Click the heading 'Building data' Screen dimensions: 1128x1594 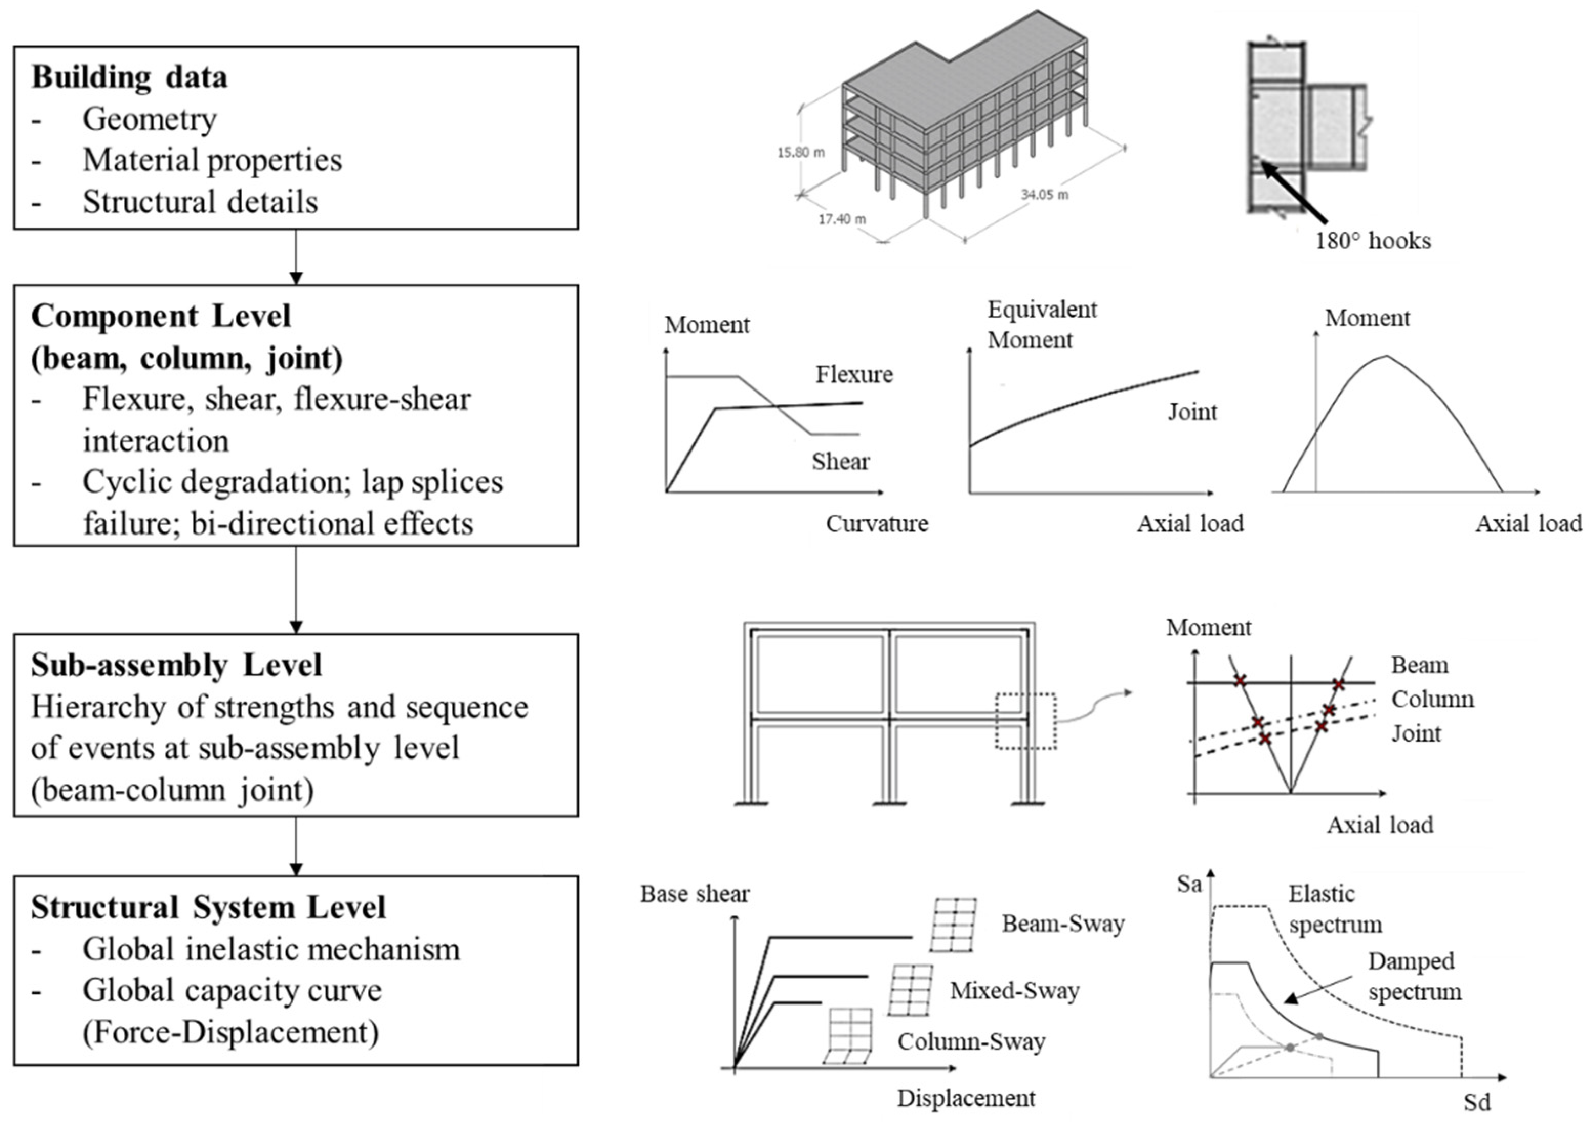[129, 77]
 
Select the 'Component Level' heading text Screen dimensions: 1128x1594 [161, 317]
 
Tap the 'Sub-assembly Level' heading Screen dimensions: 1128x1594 [176, 665]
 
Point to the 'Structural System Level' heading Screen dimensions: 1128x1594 [208, 908]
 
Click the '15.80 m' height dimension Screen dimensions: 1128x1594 [801, 152]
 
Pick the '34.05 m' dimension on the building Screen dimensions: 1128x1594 [1044, 194]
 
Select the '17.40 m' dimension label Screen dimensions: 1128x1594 [842, 219]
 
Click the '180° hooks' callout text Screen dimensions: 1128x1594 [1373, 241]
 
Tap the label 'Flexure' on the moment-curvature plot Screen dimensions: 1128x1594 [854, 375]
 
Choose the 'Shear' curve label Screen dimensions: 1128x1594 [841, 462]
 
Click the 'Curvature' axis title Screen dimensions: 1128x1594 [877, 524]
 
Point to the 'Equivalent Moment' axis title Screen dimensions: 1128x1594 [1042, 324]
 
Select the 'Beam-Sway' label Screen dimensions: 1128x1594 [1063, 924]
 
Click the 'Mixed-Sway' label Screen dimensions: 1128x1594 [1014, 991]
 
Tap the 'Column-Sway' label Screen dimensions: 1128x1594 [971, 1042]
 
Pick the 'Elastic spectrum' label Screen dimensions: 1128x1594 [1334, 909]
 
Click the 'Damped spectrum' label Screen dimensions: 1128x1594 [1414, 976]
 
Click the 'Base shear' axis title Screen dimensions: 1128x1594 [695, 894]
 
